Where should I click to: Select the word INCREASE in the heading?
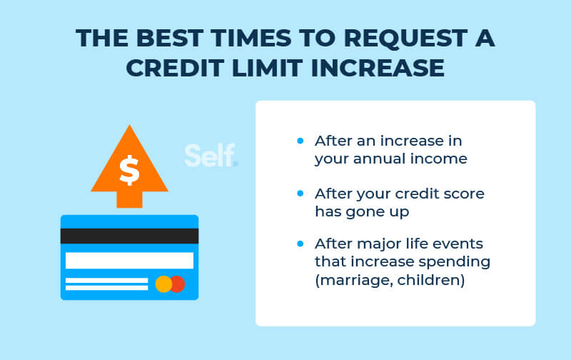click(378, 68)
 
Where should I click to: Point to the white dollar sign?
click(129, 170)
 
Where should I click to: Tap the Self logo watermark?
click(211, 156)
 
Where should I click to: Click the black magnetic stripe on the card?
click(129, 236)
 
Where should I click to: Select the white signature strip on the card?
click(129, 261)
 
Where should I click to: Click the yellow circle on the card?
click(163, 284)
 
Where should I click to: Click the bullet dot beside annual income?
click(300, 141)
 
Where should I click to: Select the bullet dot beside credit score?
click(300, 193)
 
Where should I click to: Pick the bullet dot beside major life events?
click(300, 244)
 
